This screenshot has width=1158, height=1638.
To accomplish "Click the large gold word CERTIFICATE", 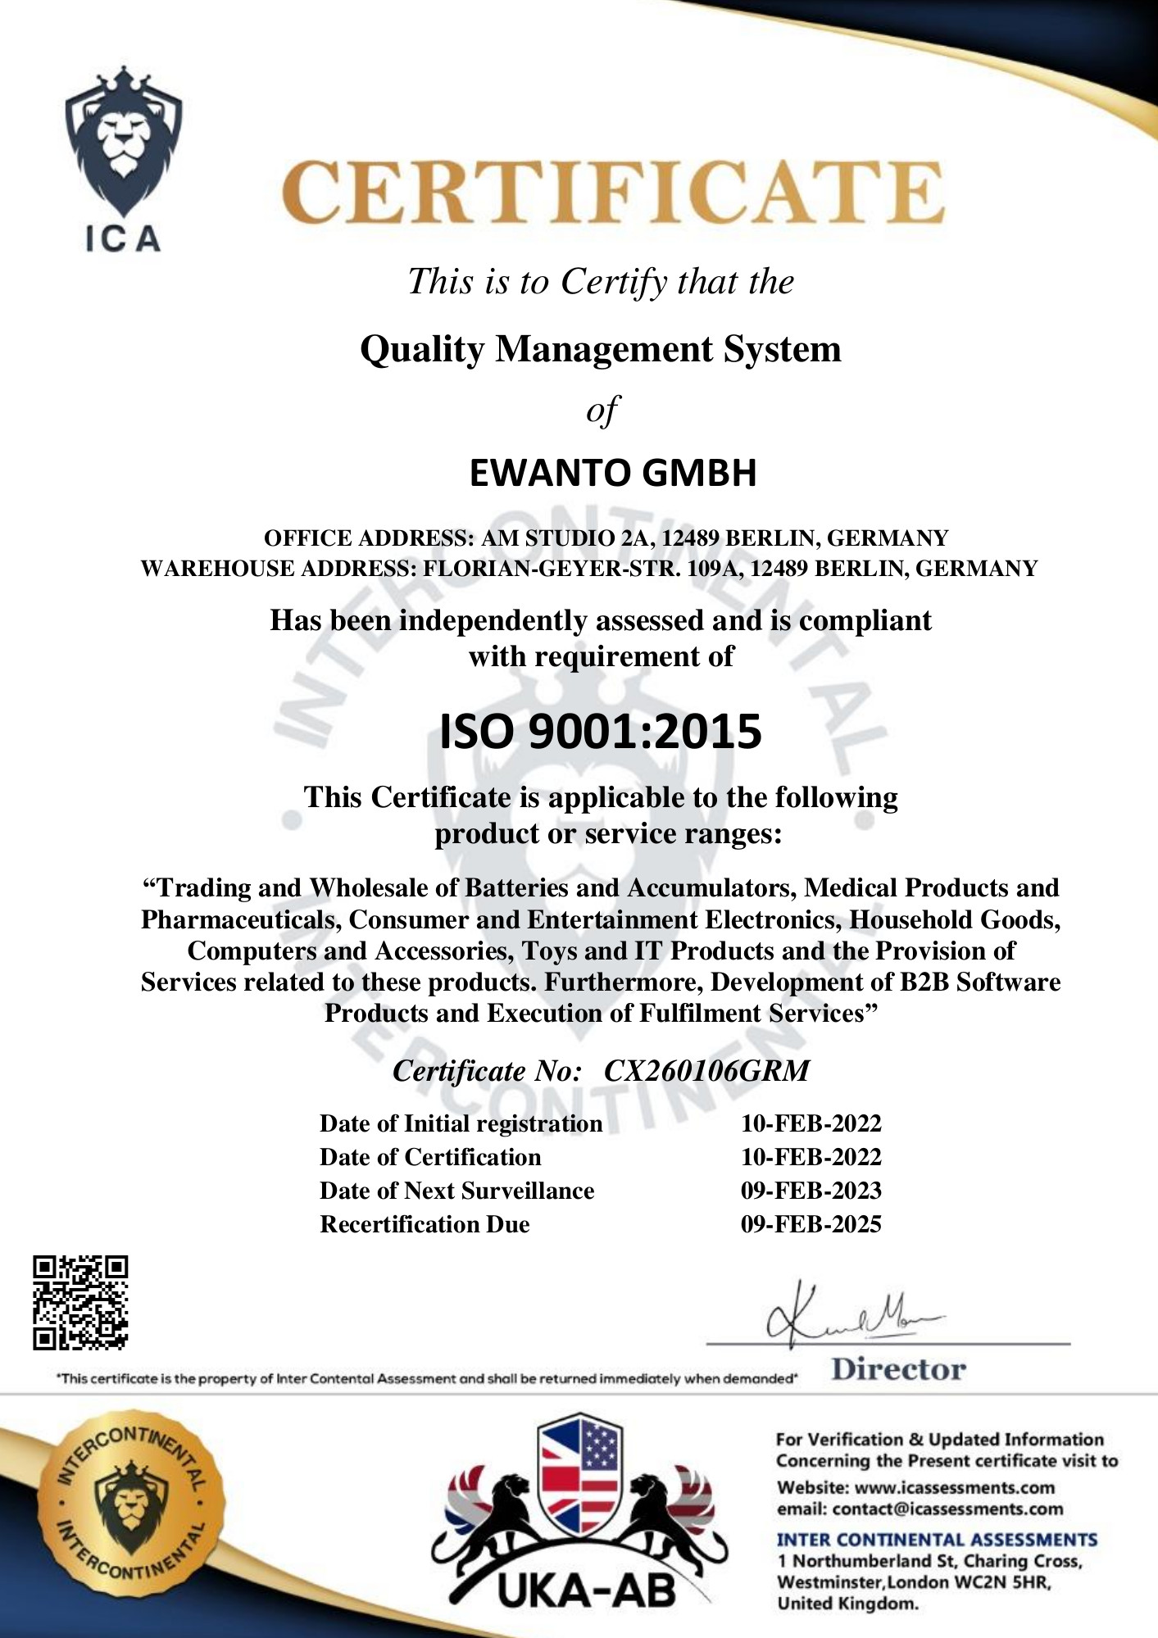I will coord(613,193).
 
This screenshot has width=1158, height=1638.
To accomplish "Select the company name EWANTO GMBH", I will coord(612,474).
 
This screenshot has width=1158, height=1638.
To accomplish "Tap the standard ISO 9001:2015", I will coord(601,732).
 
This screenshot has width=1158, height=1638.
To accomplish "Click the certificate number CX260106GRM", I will coord(706,1071).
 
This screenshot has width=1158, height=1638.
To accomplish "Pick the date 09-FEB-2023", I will coord(811,1191).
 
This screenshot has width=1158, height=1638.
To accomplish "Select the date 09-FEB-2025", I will coord(811,1224).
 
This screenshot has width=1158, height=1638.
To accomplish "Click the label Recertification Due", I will coord(425,1224).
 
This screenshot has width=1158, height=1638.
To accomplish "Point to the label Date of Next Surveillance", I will coord(456,1191).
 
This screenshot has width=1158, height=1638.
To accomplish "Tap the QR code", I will coord(80,1302).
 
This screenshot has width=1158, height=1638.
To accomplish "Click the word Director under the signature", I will coord(898,1369).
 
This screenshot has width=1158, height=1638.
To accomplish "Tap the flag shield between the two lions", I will coord(580,1473).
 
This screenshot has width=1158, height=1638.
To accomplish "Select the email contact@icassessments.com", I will coord(947,1509).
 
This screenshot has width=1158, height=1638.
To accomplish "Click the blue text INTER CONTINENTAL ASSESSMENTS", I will coord(937,1540).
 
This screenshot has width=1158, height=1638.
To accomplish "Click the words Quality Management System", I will coord(601,350).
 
